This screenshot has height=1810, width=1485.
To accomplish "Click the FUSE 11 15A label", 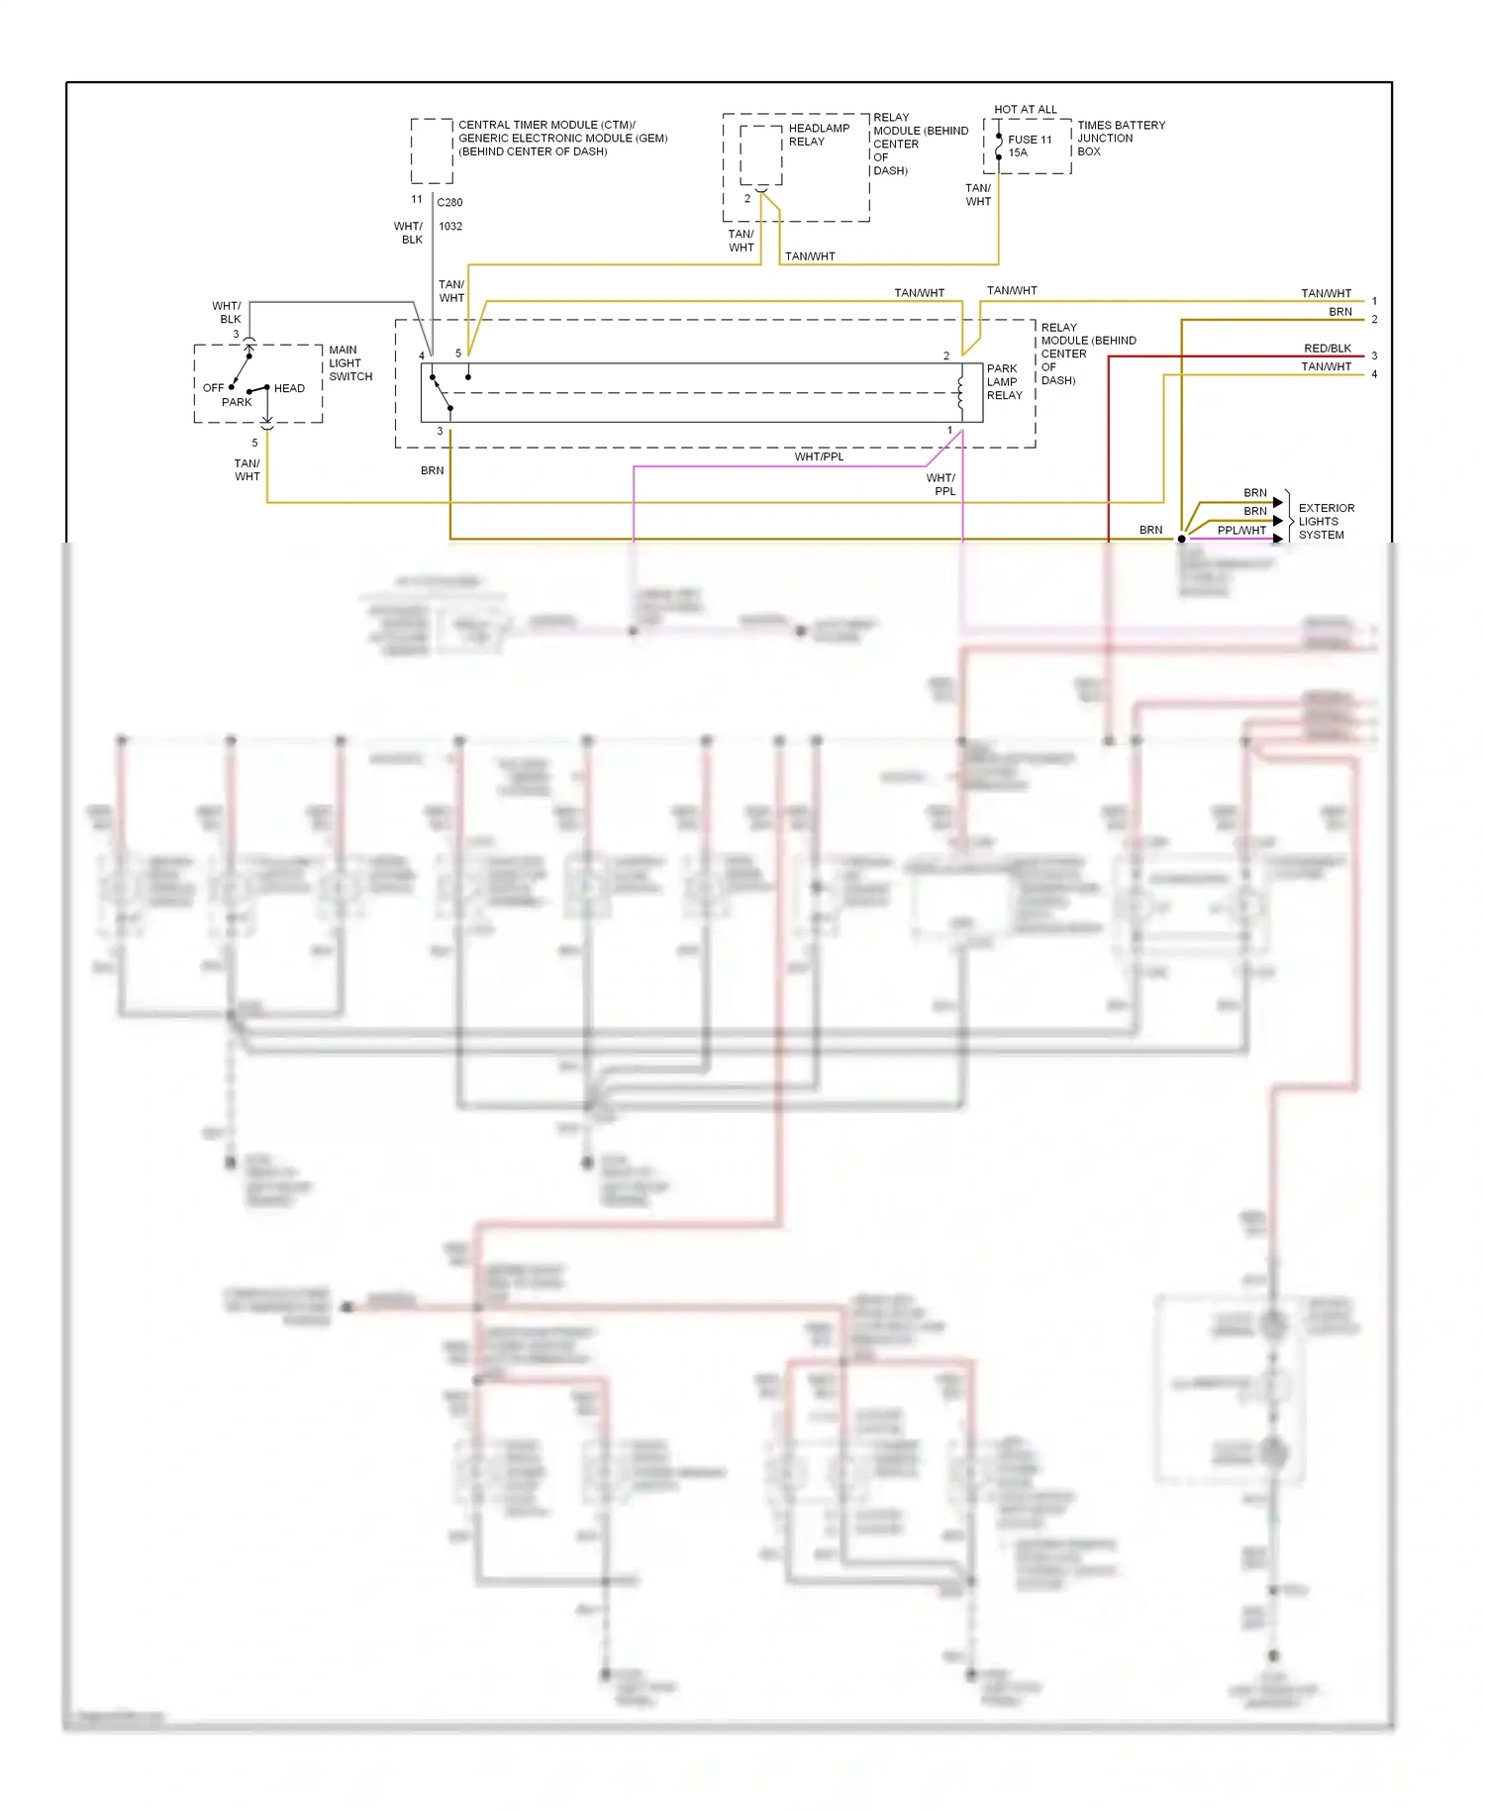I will (1029, 147).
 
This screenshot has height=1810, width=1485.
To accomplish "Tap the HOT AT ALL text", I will (1025, 109).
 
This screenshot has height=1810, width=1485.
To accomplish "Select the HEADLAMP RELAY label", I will (819, 135).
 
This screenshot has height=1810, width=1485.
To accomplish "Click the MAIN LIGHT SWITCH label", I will (350, 363).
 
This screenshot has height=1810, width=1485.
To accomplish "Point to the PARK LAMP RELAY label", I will (1004, 382).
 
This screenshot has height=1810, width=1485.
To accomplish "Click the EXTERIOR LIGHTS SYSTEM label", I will (1326, 522).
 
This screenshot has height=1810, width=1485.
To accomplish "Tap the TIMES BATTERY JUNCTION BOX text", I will (1121, 139).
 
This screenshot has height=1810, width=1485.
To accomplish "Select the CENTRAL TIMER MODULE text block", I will (561, 139).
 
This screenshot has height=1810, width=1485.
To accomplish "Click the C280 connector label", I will (449, 202).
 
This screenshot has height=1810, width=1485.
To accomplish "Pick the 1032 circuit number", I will (450, 227).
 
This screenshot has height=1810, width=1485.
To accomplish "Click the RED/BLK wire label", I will (1327, 349).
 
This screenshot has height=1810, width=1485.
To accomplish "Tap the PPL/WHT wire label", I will (1241, 531).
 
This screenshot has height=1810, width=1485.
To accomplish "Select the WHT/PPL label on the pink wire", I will (819, 457).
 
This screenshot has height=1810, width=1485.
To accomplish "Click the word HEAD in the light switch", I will (289, 388).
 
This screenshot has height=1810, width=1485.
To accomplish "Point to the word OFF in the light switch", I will (213, 388).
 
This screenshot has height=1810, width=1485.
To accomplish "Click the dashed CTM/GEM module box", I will (432, 151).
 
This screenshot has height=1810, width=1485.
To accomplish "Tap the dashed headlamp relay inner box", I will (760, 155).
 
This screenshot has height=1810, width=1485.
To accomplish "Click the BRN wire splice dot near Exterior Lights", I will (1181, 539).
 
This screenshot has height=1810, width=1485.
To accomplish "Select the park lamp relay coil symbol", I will (960, 392).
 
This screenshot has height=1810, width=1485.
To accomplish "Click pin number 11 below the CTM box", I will (417, 199).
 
